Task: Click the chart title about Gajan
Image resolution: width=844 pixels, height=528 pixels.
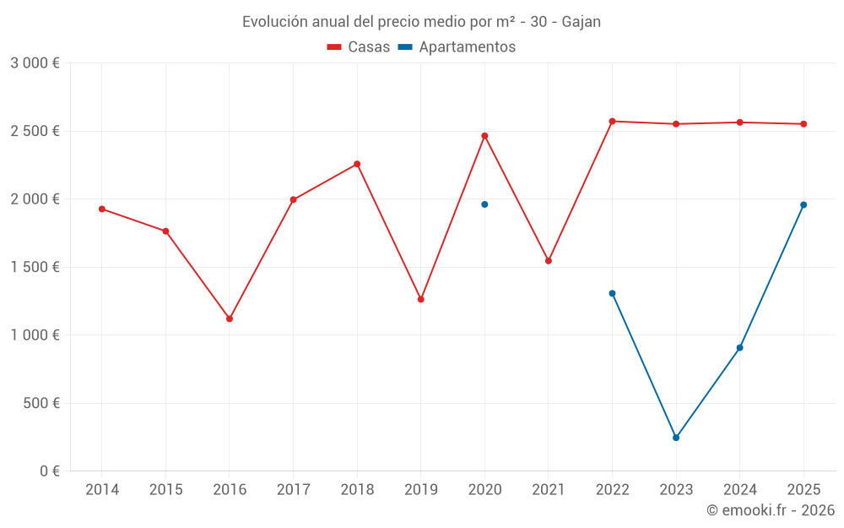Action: tap(421, 22)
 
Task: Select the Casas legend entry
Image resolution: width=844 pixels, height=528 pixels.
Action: tap(359, 47)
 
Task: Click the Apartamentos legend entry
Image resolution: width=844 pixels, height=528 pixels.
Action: tap(457, 47)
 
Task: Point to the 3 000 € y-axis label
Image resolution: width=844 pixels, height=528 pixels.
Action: tap(35, 63)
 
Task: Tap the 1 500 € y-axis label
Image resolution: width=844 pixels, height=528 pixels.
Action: tap(35, 267)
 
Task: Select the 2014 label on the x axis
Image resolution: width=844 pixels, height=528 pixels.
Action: tap(102, 490)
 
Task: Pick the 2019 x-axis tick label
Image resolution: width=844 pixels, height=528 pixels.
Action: tap(420, 490)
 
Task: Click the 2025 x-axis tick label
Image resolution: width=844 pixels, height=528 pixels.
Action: tap(803, 490)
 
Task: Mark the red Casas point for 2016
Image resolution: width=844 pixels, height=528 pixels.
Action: tap(230, 318)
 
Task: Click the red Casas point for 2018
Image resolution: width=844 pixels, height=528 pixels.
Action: tap(357, 164)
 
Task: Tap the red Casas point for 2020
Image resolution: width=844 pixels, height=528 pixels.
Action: tap(484, 136)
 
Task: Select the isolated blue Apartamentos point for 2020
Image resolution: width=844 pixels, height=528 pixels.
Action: tap(484, 204)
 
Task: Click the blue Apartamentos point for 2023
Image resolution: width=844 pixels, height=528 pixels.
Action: tap(676, 438)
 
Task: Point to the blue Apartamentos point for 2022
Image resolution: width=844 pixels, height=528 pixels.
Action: tap(612, 293)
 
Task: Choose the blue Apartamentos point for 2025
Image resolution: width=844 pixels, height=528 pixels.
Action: tap(803, 204)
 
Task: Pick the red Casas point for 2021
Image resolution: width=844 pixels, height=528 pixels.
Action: tap(549, 261)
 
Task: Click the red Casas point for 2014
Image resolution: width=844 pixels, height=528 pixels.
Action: tap(102, 209)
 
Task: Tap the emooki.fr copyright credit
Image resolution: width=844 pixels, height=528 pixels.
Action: tap(770, 510)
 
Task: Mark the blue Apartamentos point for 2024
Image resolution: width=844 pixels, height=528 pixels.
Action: tap(739, 347)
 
